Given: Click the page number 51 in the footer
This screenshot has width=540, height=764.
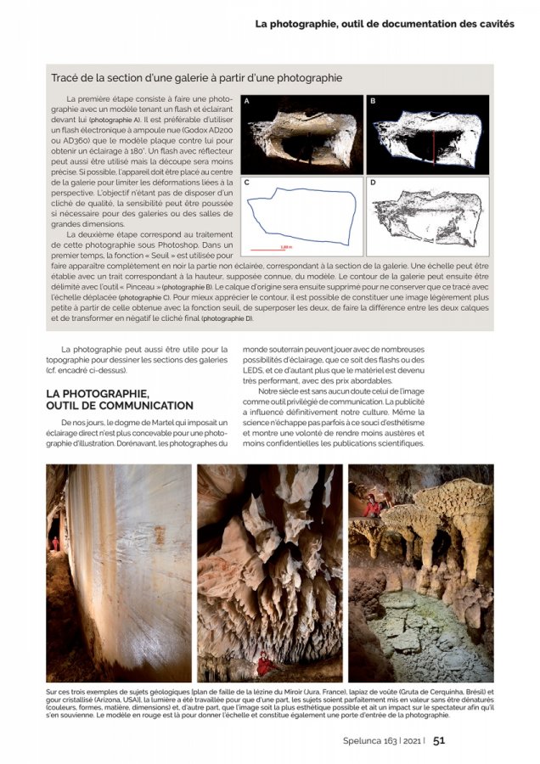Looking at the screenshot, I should tap(439, 740).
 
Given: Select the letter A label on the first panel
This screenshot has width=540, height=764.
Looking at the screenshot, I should tap(246, 101).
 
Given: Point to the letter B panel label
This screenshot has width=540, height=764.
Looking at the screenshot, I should tap(373, 101).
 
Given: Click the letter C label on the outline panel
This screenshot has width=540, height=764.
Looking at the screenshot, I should tap(246, 183).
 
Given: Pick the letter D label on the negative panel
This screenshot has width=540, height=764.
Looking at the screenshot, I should tap(373, 183).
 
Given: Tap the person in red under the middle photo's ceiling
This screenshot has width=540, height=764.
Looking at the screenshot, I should tap(266, 666).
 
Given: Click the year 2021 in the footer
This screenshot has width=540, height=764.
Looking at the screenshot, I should tap(410, 740).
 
